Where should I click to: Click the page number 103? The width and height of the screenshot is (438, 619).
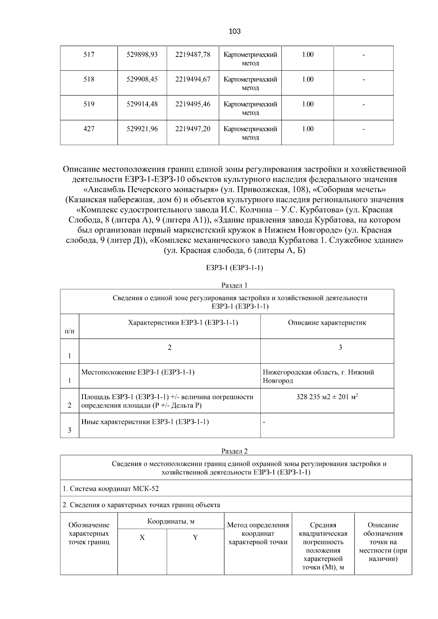click(x=234, y=31)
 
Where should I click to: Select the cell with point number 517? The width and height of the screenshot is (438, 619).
click(x=89, y=55)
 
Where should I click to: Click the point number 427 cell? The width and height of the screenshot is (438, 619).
click(x=89, y=129)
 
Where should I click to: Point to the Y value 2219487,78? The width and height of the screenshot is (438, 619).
click(x=193, y=55)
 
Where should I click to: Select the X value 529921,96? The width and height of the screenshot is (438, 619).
click(x=142, y=129)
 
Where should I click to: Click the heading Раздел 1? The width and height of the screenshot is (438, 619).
click(x=234, y=285)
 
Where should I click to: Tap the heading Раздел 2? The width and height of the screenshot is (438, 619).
click(x=234, y=451)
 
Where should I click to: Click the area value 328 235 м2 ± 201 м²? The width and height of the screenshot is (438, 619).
click(x=327, y=397)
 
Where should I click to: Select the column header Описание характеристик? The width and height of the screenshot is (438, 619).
click(x=327, y=322)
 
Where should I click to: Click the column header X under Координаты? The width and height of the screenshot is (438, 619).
click(x=142, y=538)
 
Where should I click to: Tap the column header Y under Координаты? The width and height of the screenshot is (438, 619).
click(x=195, y=538)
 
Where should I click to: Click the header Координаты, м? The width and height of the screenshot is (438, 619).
click(x=170, y=521)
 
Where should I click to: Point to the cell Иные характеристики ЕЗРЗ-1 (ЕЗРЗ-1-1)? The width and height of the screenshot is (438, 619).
click(x=145, y=422)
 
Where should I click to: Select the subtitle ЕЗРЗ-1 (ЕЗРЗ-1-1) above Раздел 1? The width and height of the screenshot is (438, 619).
click(x=234, y=268)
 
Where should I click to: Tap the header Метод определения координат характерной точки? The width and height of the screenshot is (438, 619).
click(x=258, y=533)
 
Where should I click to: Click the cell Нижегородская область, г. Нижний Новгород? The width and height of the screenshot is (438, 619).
click(x=318, y=376)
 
